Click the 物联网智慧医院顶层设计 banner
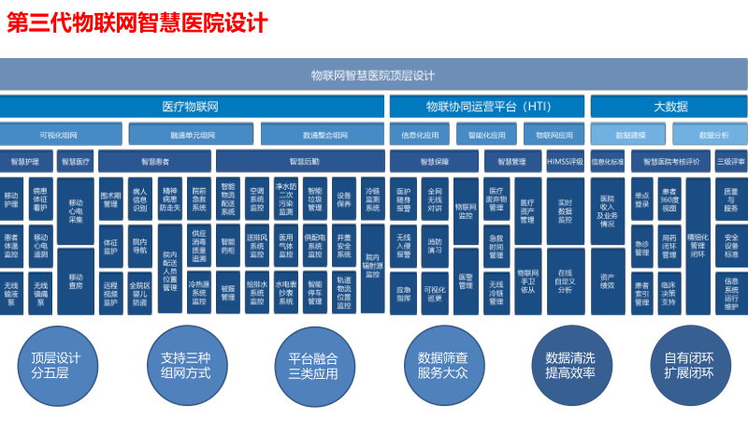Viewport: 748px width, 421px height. coord(374,75)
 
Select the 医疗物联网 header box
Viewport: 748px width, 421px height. coord(191,107)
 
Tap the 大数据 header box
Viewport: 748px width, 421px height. coord(669,107)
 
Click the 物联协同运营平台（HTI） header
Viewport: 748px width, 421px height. coord(487,107)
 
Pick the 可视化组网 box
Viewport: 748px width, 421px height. coord(58,135)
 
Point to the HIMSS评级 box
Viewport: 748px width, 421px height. coord(564,162)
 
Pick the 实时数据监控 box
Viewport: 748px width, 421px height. coord(564,211)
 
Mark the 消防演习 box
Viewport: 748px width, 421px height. coord(435,245)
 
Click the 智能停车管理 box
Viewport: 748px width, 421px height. coord(314,292)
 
